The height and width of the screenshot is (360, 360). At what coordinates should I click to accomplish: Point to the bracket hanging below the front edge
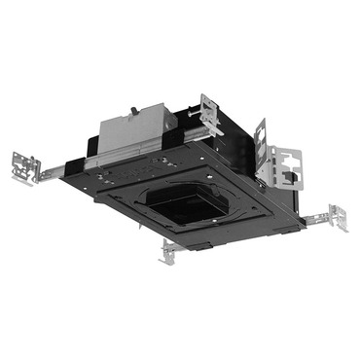pyautogui.click(x=167, y=251)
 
